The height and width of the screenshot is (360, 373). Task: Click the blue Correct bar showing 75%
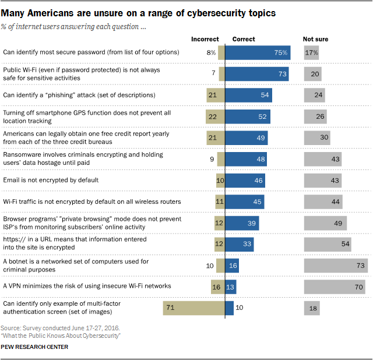tap(258, 53)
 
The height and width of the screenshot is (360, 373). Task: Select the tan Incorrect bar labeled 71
tap(194, 308)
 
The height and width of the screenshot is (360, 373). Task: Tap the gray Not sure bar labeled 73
tap(336, 266)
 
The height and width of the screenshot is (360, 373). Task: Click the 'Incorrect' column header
tap(205, 39)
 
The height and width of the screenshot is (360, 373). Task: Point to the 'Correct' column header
tap(244, 39)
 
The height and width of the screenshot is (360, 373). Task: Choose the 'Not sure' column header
tap(316, 39)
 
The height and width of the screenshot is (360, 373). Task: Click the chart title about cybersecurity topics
tap(139, 12)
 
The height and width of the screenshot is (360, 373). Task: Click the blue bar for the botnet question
tap(232, 266)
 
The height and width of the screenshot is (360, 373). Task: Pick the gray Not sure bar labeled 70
tap(335, 287)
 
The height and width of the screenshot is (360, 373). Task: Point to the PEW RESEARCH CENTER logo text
tap(34, 347)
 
